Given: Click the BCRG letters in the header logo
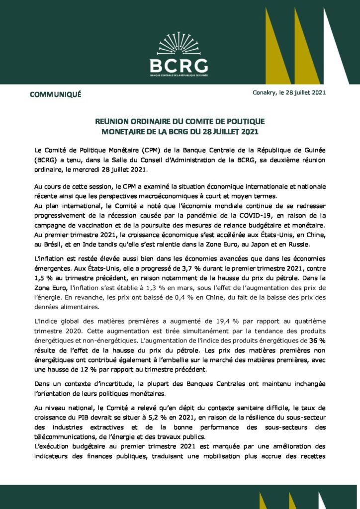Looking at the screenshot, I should (x=179, y=65).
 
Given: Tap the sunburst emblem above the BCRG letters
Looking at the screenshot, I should (x=179, y=44).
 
